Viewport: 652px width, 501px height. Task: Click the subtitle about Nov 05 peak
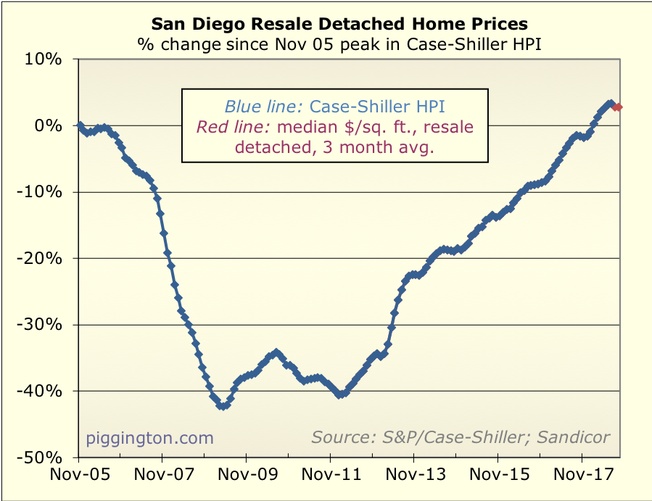tap(339, 44)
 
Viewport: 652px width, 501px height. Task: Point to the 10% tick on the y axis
tap(45, 59)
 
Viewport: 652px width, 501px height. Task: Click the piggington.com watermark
tap(150, 438)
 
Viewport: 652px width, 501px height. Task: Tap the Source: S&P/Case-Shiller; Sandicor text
tap(461, 437)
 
